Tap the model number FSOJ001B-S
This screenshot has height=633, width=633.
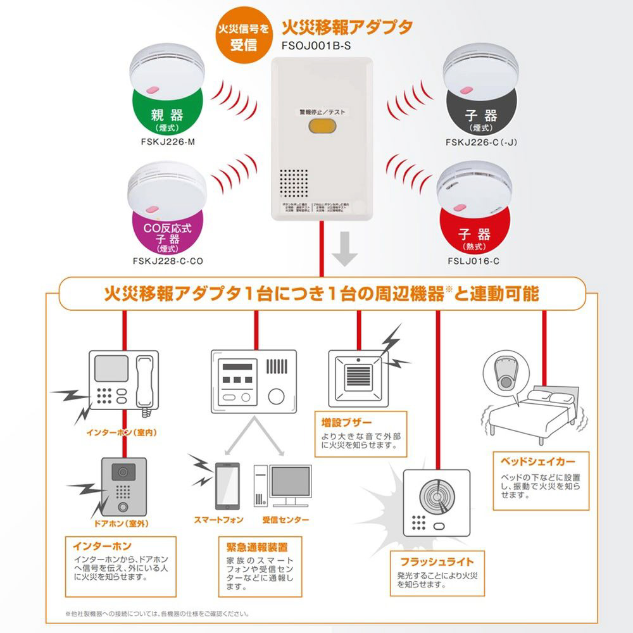click(315, 46)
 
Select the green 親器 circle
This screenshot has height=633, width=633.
click(167, 115)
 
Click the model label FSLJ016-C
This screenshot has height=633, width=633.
click(473, 260)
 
